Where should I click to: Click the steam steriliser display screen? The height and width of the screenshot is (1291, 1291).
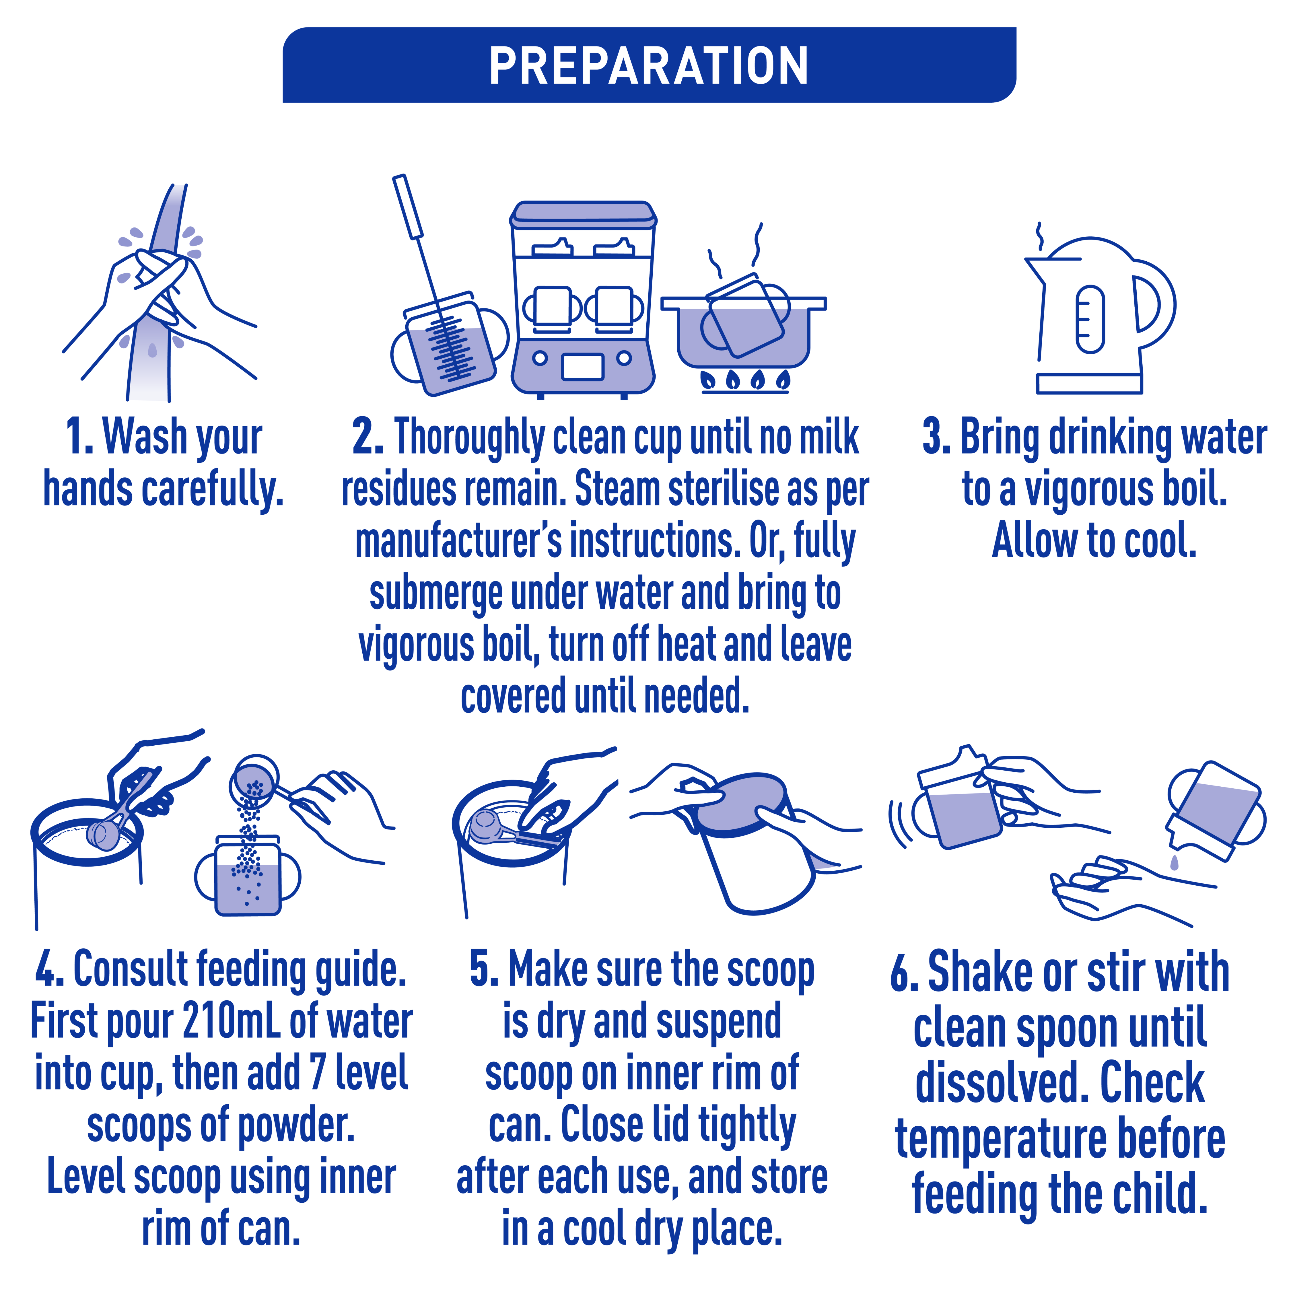583,366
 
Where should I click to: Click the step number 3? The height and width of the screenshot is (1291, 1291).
937,438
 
